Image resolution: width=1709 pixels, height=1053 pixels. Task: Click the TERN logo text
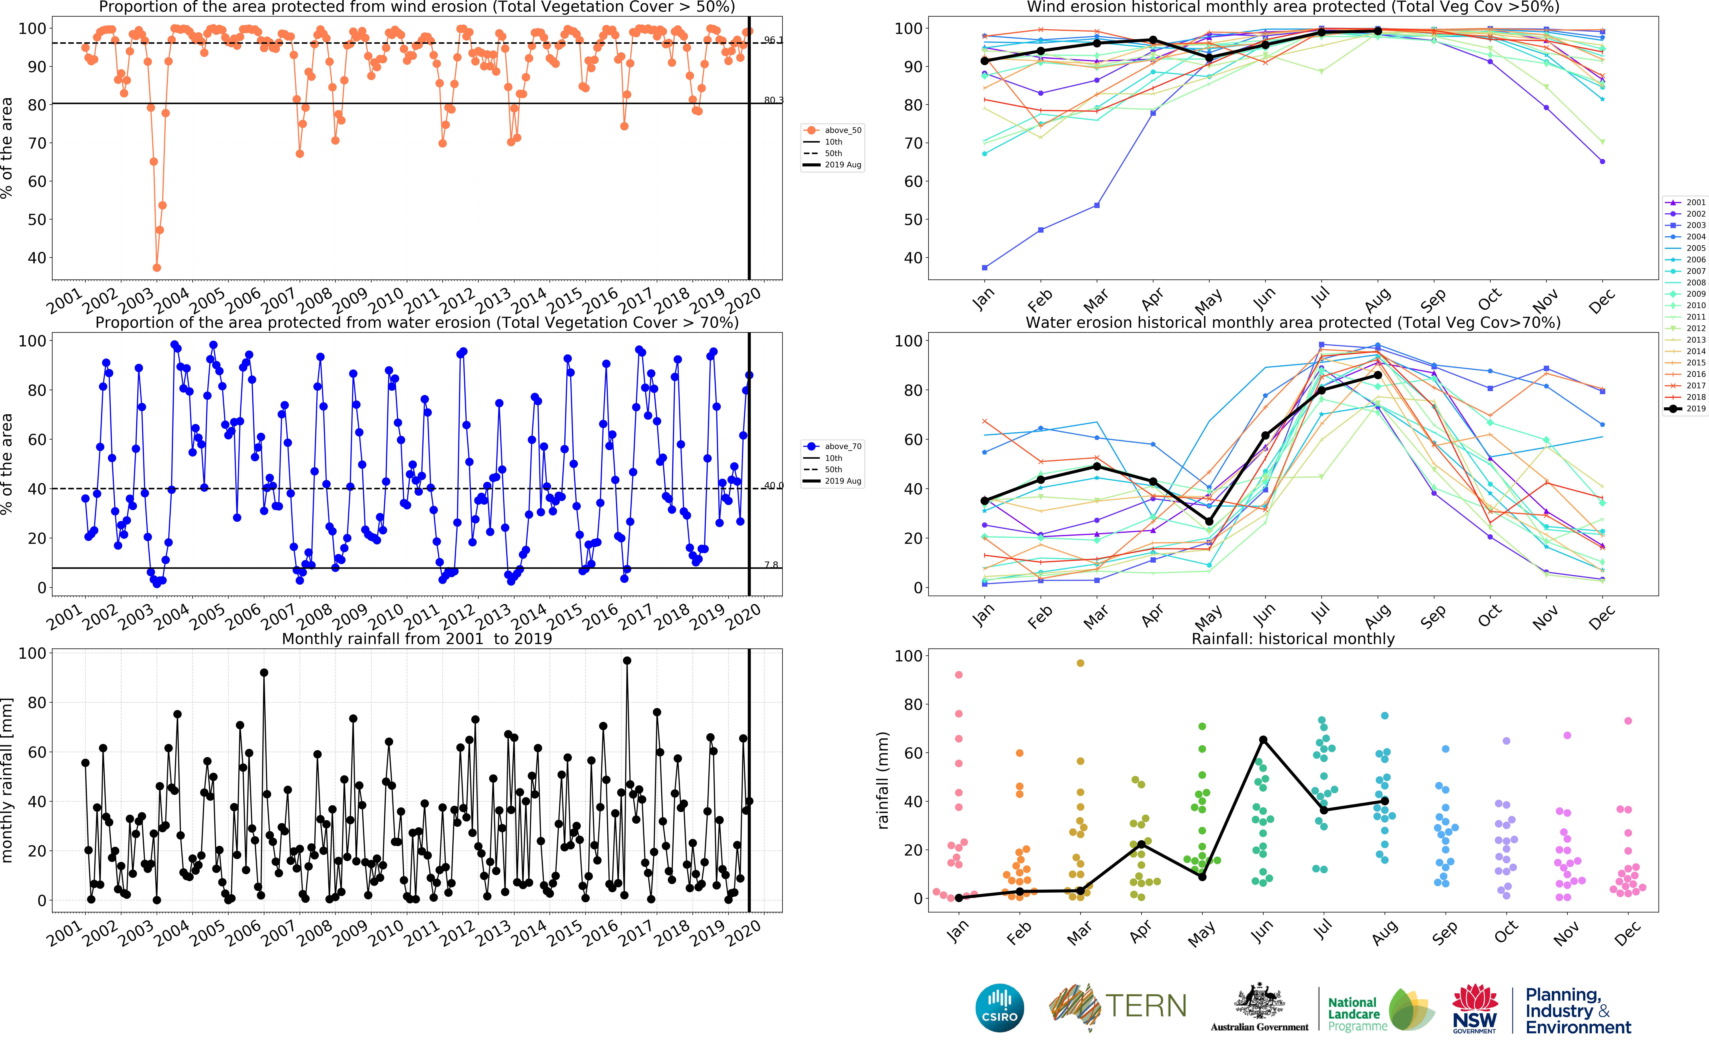[1146, 1006]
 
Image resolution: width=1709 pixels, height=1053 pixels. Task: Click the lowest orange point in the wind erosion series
[157, 267]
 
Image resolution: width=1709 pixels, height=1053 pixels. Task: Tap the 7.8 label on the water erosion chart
[771, 565]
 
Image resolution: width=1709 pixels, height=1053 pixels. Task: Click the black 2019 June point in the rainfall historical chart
[1263, 740]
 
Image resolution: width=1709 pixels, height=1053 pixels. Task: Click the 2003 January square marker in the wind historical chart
[985, 267]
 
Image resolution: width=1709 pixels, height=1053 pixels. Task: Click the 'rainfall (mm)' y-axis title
[883, 780]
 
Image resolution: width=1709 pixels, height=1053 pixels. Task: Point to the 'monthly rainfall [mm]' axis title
[8, 780]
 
